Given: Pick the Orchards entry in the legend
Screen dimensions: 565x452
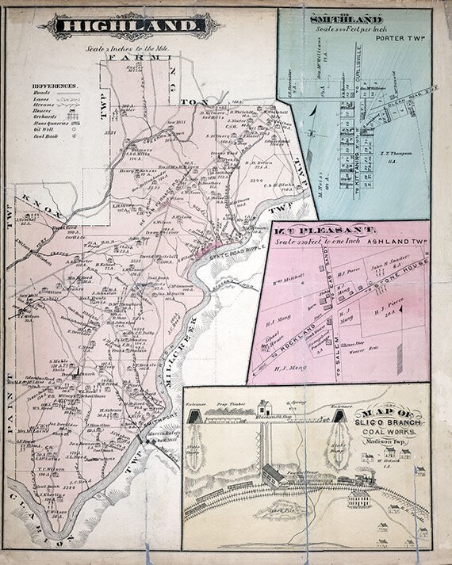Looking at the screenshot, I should (46, 111).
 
